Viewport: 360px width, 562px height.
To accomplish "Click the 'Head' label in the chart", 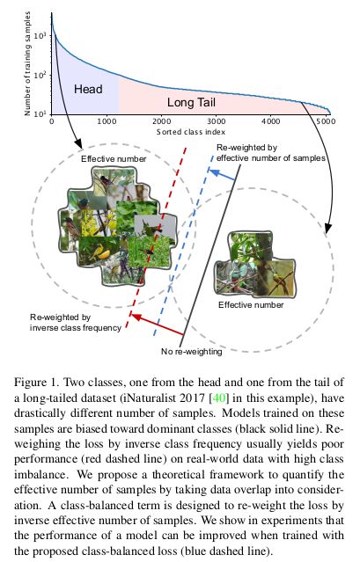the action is click(88, 89).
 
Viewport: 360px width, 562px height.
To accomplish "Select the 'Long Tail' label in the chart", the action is click(191, 103).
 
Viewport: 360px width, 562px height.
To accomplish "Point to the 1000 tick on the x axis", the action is click(107, 121).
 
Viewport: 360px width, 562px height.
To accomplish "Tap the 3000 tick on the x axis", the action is click(217, 121).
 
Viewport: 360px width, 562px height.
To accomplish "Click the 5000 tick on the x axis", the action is click(326, 121).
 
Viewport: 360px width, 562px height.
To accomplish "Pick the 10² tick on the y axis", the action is click(40, 75).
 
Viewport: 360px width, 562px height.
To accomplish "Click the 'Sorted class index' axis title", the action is click(191, 132).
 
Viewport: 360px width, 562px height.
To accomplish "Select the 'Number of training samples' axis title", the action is click(27, 63).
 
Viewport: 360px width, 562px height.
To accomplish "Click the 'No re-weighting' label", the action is click(192, 352).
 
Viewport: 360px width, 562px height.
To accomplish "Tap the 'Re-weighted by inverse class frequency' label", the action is click(76, 323).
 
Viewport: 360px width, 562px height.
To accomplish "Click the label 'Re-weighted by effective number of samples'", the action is click(271, 153).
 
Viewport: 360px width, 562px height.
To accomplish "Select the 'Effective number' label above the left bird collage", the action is click(114, 159).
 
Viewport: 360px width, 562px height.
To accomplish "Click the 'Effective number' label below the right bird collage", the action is click(251, 305).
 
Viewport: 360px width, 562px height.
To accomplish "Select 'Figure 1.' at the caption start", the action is click(37, 383).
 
